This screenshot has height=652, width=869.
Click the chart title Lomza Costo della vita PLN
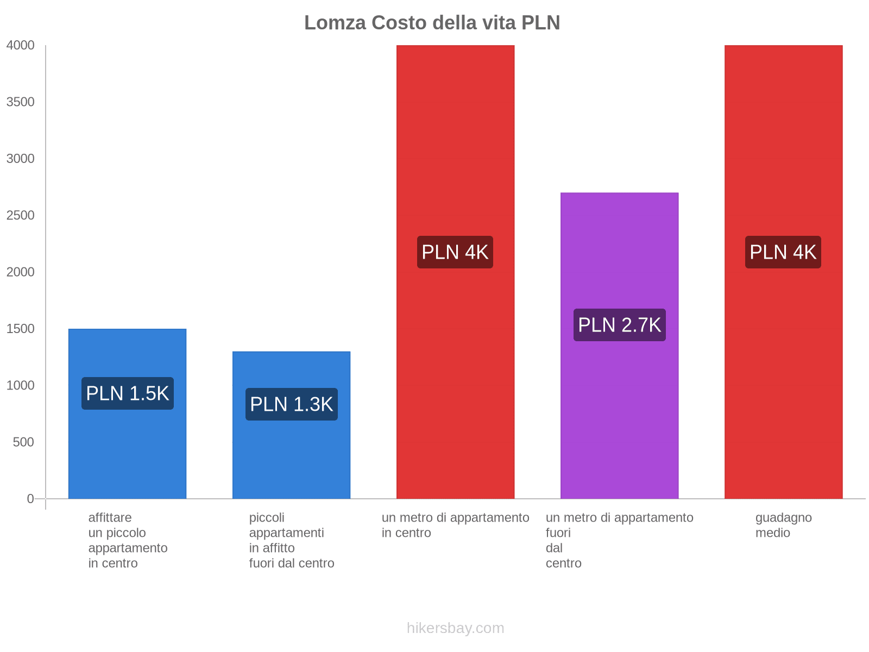pyautogui.click(x=432, y=23)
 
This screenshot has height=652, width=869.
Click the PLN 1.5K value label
pyautogui.click(x=128, y=393)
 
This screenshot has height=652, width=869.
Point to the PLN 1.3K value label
pyautogui.click(x=292, y=404)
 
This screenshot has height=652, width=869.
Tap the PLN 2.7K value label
pyautogui.click(x=620, y=325)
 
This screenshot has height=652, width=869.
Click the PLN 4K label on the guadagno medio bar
pyautogui.click(x=783, y=252)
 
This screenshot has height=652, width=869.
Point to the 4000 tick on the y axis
pyautogui.click(x=21, y=46)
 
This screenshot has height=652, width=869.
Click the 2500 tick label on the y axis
pyautogui.click(x=21, y=216)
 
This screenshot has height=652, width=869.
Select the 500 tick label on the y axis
pyautogui.click(x=24, y=442)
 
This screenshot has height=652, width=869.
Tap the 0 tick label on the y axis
pyautogui.click(x=30, y=499)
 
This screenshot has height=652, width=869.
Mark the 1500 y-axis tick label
pyautogui.click(x=21, y=329)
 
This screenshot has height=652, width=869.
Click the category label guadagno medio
pyautogui.click(x=783, y=525)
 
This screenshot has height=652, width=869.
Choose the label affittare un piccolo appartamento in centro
pyautogui.click(x=128, y=540)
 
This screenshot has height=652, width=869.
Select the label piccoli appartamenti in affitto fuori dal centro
pyautogui.click(x=292, y=540)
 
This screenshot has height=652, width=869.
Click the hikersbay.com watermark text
pyautogui.click(x=455, y=628)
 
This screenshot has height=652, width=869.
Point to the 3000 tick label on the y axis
pyautogui.click(x=21, y=159)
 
